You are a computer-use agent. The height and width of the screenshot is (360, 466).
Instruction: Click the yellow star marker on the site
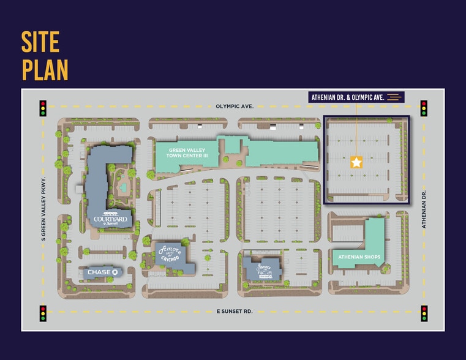356,162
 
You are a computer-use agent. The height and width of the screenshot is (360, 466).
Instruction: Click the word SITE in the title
41,42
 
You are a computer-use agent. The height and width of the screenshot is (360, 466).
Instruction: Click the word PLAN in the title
45,69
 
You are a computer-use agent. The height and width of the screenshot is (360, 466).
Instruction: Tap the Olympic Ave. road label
235,106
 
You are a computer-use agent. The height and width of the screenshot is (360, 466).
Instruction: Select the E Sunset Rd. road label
235,311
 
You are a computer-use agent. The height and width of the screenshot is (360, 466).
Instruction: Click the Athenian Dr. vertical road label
423,208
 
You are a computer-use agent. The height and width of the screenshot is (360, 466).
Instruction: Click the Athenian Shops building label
359,257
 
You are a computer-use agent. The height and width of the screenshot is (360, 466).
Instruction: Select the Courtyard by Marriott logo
110,219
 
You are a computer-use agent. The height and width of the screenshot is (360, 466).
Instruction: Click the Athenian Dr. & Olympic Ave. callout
348,97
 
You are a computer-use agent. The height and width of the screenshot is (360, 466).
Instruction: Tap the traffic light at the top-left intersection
43,108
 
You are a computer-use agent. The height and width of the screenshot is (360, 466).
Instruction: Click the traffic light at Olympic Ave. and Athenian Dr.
424,108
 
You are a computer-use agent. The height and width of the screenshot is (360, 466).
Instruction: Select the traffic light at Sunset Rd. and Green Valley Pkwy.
43,313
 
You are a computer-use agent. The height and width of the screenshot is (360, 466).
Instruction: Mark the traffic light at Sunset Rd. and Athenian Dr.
424,313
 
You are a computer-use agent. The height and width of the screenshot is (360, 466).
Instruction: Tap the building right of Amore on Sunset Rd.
262,268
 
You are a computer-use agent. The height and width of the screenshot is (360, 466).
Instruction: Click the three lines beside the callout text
395,97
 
